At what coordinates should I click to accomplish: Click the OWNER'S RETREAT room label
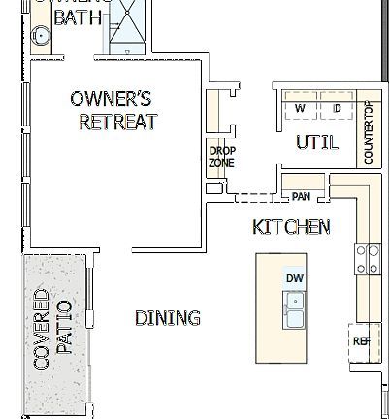point(113,110)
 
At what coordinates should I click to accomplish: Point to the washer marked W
point(300,108)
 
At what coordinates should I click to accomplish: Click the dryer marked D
point(337,108)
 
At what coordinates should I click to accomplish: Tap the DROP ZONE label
point(221,156)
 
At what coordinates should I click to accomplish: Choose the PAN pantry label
point(301,197)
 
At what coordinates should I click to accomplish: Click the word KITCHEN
point(291,227)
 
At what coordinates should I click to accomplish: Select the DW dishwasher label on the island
point(295,278)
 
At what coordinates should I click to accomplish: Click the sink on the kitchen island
point(294,312)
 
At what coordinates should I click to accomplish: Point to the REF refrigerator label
point(361,340)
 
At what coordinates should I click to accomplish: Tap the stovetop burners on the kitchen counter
point(368,258)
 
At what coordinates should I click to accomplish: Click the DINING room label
point(168,318)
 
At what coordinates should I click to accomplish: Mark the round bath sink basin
point(40,36)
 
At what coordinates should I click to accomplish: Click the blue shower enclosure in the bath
point(128,23)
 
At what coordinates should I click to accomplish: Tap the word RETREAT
point(117,122)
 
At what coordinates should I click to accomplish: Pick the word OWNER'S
point(111,98)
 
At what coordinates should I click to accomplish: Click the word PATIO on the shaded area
point(65,330)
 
